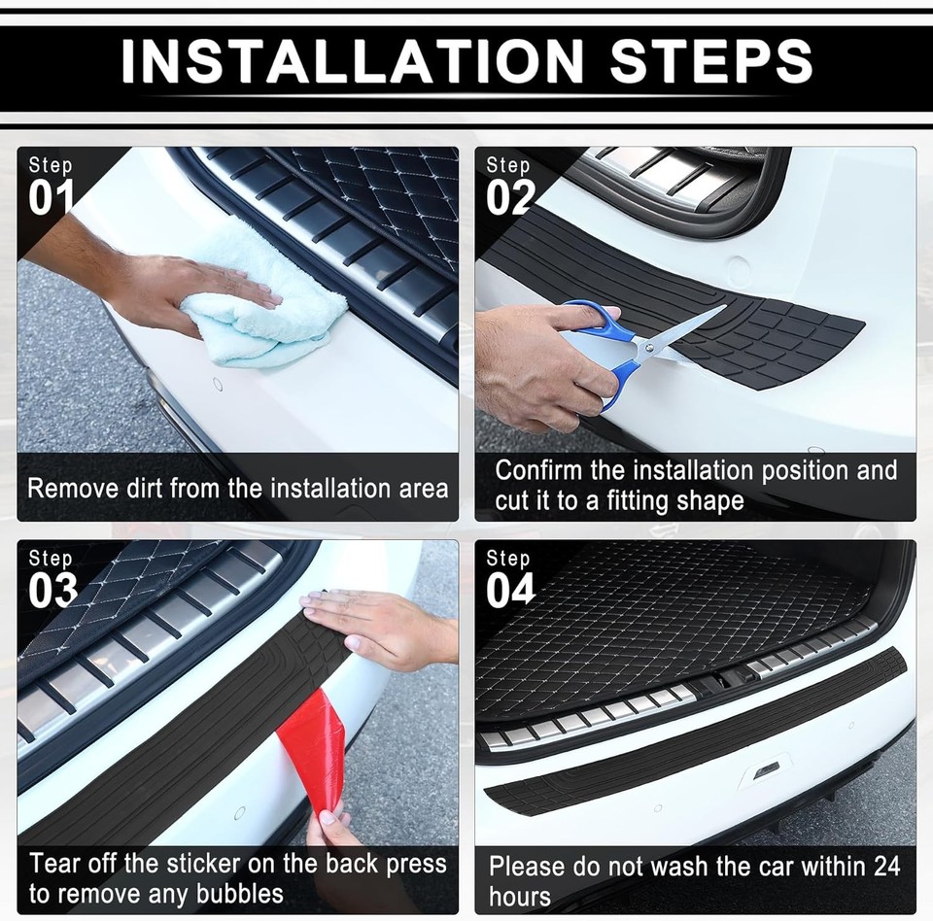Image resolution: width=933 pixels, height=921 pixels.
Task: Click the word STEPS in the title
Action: pos(710,61)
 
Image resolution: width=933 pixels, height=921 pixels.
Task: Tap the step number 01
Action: pos(52,198)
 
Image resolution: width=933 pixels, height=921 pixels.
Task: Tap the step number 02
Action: pos(510,198)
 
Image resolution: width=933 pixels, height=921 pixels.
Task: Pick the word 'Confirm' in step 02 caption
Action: pos(538,471)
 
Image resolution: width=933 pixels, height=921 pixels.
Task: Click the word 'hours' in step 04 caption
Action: pos(520,896)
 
